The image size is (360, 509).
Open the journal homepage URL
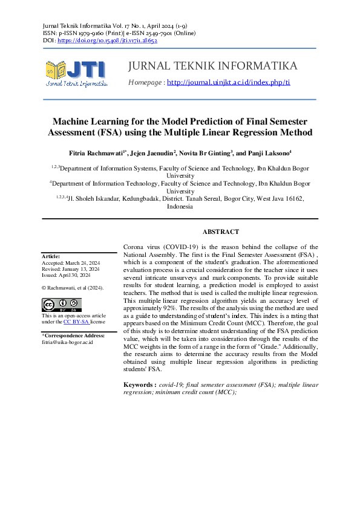pos(228,82)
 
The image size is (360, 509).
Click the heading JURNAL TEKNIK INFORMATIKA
pos(213,66)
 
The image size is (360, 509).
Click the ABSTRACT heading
pos(220,232)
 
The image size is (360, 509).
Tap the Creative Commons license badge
pos(61,304)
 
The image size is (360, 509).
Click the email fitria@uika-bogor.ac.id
pos(67,342)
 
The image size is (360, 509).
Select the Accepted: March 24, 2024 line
pos(70,263)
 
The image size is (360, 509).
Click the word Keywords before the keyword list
pos(139,384)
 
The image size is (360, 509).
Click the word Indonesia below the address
pos(180,206)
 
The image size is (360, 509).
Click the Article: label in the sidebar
pos(50,256)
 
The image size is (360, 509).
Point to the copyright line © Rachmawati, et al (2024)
pos(72,288)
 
